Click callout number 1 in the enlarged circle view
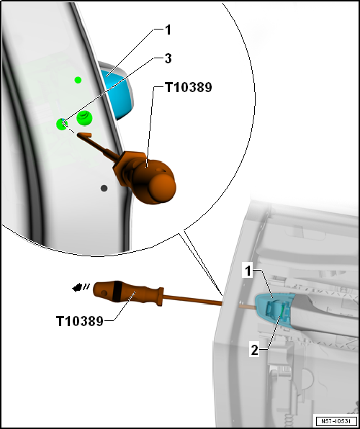pyautogui.click(x=168, y=30)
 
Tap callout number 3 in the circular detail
pyautogui.click(x=168, y=58)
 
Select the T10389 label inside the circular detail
pyautogui.click(x=188, y=88)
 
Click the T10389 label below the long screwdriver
pyautogui.click(x=80, y=321)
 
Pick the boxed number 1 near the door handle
pyautogui.click(x=248, y=271)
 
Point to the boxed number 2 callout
pyautogui.click(x=255, y=351)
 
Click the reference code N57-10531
pyautogui.click(x=336, y=420)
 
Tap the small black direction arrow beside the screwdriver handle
pyautogui.click(x=78, y=287)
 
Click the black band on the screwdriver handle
pyautogui.click(x=117, y=291)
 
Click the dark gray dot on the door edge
pyautogui.click(x=104, y=189)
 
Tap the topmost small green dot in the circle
pyautogui.click(x=78, y=80)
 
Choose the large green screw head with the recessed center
pyautogui.click(x=84, y=118)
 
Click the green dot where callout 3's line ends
pyautogui.click(x=62, y=125)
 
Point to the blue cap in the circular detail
pyautogui.click(x=117, y=92)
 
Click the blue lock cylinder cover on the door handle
pyautogui.click(x=274, y=307)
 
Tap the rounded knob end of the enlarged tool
pyautogui.click(x=163, y=189)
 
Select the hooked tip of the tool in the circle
pyautogui.click(x=84, y=135)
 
